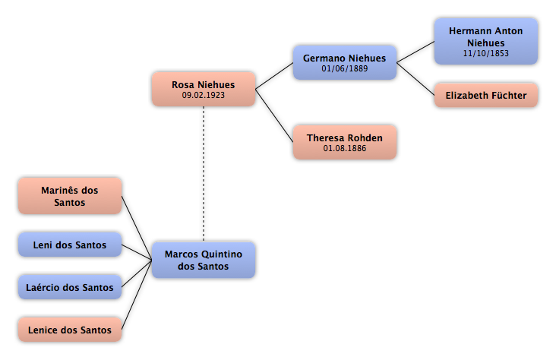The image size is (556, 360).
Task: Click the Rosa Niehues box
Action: click(x=204, y=89)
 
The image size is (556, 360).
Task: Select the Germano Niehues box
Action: click(x=345, y=62)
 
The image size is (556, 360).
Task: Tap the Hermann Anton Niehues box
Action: click(x=486, y=42)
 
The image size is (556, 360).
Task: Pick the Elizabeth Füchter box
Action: click(x=486, y=95)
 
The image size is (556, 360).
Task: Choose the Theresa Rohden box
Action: click(x=345, y=142)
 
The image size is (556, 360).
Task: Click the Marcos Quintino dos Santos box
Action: click(x=204, y=260)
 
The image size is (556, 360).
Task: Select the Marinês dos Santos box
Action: click(x=70, y=196)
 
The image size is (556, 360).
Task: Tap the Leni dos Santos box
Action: click(x=70, y=245)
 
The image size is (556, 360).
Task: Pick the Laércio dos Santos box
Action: click(x=70, y=287)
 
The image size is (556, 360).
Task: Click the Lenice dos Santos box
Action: click(x=70, y=330)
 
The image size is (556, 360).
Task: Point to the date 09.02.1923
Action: click(x=203, y=95)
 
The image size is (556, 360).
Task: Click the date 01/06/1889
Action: click(x=345, y=68)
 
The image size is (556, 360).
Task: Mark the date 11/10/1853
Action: click(x=486, y=53)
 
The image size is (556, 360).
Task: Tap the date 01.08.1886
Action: click(x=345, y=148)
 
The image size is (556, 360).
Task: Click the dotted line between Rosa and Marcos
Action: click(x=204, y=174)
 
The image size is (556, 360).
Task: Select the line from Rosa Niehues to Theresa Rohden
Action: click(x=274, y=115)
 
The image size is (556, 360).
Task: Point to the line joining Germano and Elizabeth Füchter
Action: click(x=415, y=79)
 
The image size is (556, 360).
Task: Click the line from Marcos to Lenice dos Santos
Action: click(x=137, y=295)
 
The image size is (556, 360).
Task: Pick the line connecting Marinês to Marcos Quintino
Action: click(x=137, y=228)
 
